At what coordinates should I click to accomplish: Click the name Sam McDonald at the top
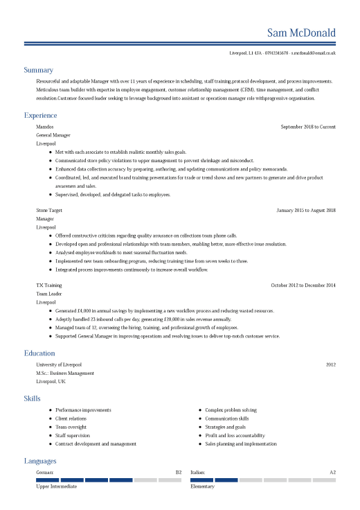click(301, 33)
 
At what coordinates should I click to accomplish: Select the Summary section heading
click(38, 70)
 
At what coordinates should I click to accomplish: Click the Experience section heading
click(40, 115)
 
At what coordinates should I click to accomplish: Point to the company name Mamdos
click(45, 127)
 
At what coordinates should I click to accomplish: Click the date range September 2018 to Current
click(308, 127)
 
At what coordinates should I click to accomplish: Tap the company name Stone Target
click(49, 210)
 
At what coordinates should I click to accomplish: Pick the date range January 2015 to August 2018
click(306, 210)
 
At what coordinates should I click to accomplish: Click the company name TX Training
click(48, 285)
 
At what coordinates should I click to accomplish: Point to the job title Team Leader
click(48, 293)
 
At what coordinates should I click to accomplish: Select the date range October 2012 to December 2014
click(303, 285)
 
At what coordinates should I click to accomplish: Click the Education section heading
click(39, 353)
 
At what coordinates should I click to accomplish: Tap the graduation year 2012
click(331, 364)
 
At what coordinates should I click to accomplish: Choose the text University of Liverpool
click(59, 364)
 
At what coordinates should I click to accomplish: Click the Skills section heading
click(32, 398)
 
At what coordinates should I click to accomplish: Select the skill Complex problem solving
click(231, 410)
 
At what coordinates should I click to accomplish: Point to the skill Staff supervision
click(73, 435)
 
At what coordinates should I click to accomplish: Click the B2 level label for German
click(179, 473)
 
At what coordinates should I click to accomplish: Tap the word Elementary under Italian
click(202, 486)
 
